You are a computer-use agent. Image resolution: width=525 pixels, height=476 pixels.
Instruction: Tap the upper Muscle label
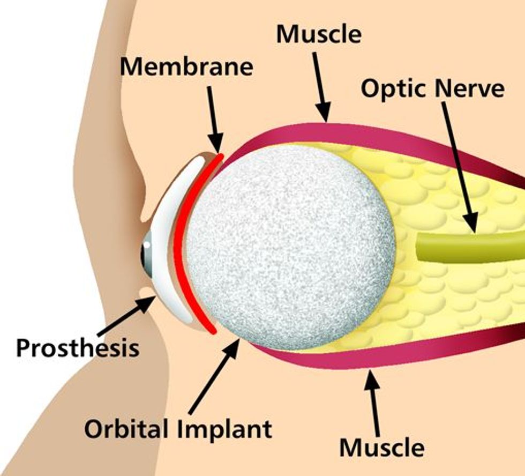coord(318,34)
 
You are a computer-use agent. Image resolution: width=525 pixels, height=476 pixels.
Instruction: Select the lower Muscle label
coord(382,446)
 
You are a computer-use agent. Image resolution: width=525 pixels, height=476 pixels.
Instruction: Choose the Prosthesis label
coord(77,348)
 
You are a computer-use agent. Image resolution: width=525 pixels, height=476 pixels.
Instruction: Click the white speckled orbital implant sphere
coord(289,247)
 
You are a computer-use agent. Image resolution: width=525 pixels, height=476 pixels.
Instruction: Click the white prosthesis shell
coord(166,214)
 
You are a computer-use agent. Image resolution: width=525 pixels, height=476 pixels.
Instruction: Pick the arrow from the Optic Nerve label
coord(458,166)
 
